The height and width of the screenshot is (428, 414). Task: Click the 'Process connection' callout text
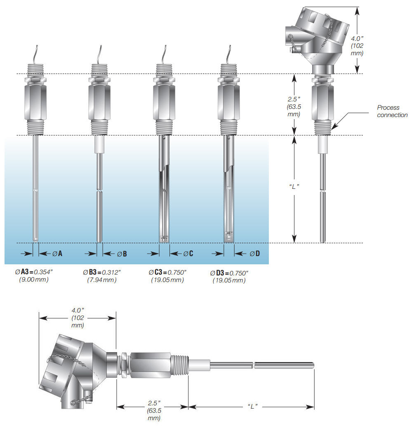[392, 111]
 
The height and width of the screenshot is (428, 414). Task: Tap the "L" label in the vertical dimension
[293, 186]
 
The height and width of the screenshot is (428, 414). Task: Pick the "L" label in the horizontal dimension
[253, 407]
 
